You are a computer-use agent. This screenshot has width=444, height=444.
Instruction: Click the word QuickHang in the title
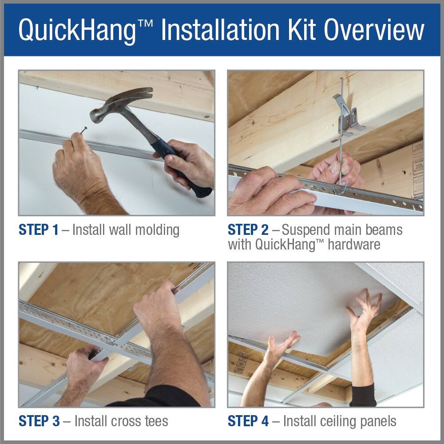[84, 30]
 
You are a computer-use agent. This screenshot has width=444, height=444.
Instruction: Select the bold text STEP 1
[38, 230]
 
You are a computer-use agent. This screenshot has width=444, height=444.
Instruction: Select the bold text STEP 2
[248, 230]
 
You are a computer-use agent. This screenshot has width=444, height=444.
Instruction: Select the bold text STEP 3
[38, 420]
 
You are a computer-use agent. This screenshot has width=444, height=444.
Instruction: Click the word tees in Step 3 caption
[154, 420]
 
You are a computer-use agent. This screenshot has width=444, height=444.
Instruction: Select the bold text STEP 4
[248, 420]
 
